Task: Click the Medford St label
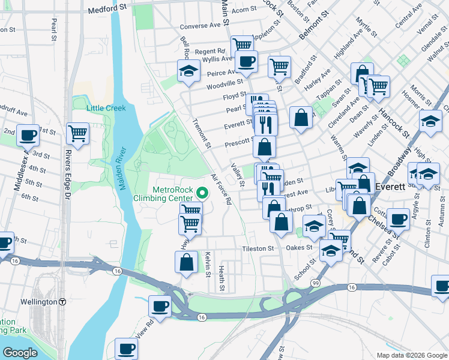(108, 10)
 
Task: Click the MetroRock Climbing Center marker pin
(202, 193)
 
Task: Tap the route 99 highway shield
(314, 282)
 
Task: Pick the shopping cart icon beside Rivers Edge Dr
(78, 133)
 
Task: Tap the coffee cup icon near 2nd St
(28, 136)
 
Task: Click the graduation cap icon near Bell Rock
(188, 71)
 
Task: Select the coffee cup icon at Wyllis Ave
(246, 60)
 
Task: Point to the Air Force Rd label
(221, 189)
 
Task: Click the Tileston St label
(258, 248)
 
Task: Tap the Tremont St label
(202, 132)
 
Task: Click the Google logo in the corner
(20, 353)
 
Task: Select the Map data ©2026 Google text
(411, 355)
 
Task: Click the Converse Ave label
(200, 26)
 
